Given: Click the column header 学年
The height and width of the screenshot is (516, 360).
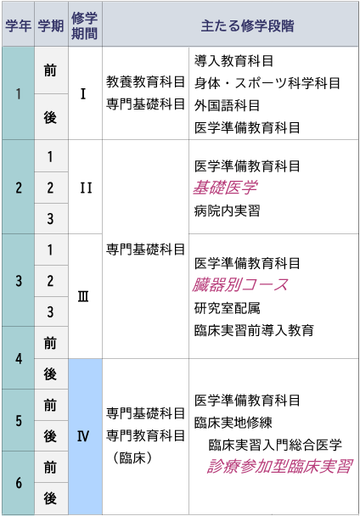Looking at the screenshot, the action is click(x=18, y=25).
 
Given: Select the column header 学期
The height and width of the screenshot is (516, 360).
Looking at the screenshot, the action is click(x=51, y=25).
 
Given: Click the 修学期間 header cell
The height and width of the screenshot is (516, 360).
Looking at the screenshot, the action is click(x=85, y=25).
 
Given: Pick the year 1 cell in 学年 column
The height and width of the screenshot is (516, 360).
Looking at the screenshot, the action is click(x=18, y=93).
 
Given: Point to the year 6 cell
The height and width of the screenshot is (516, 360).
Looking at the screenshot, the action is click(x=18, y=483).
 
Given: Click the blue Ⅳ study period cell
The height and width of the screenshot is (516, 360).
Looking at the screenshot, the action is click(x=85, y=436).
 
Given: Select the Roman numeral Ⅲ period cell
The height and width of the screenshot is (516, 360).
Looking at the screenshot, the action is click(x=85, y=296).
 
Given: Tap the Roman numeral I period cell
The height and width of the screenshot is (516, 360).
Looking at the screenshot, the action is click(x=85, y=93).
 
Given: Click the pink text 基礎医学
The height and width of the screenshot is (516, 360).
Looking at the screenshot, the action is click(x=225, y=188).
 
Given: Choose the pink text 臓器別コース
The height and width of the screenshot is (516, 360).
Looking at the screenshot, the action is click(x=240, y=284).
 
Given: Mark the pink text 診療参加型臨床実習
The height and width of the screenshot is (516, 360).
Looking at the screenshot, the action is click(x=280, y=466).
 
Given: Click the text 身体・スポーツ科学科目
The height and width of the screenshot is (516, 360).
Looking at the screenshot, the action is click(x=267, y=83).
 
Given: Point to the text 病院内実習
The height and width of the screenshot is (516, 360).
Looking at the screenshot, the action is click(x=227, y=210).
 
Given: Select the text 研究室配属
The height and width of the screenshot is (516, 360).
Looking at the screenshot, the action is click(x=227, y=308).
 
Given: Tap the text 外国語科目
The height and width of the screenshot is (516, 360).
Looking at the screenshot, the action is click(x=227, y=105).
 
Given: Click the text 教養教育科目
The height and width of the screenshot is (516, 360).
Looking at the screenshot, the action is click(x=145, y=82).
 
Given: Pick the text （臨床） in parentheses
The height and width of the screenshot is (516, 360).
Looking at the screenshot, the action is click(x=132, y=457).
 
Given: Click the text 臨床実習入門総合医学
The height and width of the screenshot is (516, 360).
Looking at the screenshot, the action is click(x=275, y=445).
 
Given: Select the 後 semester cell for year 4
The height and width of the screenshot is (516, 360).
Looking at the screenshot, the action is click(x=51, y=374).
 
